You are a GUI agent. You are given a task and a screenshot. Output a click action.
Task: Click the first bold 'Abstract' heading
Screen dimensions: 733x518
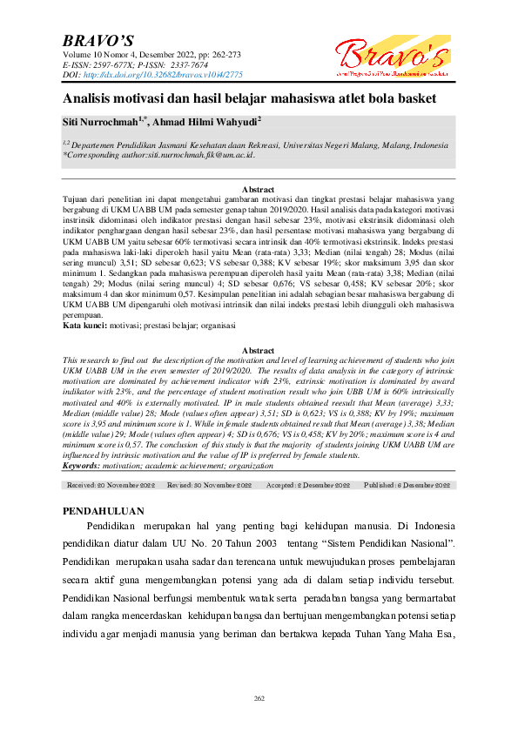click(x=258, y=190)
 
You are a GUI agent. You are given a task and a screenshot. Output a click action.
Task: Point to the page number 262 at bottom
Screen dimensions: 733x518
click(x=259, y=698)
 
